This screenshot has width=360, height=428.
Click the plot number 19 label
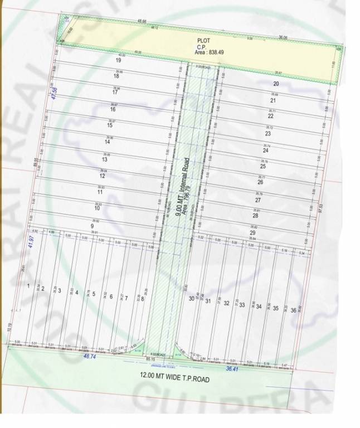tap(118, 60)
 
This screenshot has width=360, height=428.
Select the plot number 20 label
tap(275, 84)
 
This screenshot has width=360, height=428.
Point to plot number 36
tap(293, 310)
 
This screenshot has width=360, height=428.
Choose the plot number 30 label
tap(192, 299)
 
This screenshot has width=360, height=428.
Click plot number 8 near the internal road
tap(143, 299)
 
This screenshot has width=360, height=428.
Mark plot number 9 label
tap(91, 226)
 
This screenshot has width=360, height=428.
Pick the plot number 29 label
tap(252, 233)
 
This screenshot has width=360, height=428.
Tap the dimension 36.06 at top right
tap(283, 38)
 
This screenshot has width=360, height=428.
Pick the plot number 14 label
tap(107, 142)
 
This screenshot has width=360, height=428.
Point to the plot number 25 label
tap(262, 166)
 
